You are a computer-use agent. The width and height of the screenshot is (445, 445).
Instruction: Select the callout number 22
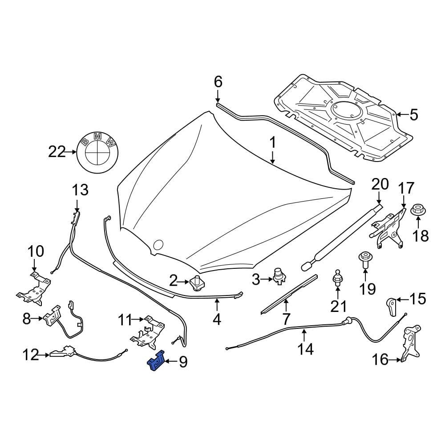point(57,152)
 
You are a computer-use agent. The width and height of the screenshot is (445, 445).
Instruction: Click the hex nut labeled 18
point(418,211)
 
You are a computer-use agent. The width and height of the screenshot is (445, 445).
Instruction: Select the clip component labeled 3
point(279,276)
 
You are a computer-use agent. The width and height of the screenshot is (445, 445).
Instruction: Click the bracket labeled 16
point(410,343)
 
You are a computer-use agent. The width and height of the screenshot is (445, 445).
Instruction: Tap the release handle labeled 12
point(62,353)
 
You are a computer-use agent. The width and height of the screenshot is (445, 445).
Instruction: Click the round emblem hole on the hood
point(158,244)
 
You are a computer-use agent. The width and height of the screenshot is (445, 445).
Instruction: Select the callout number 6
point(218,82)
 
